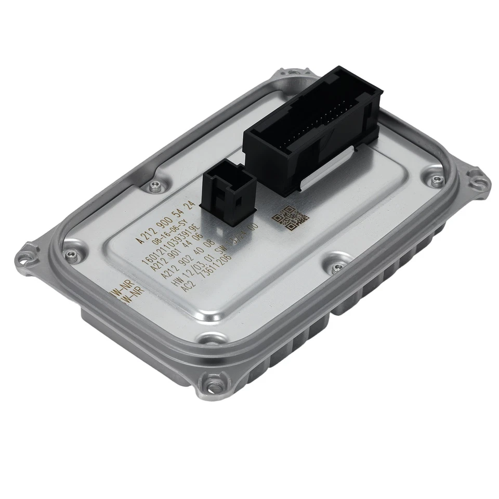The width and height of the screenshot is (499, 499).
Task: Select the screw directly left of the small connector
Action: pyautogui.click(x=154, y=185)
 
